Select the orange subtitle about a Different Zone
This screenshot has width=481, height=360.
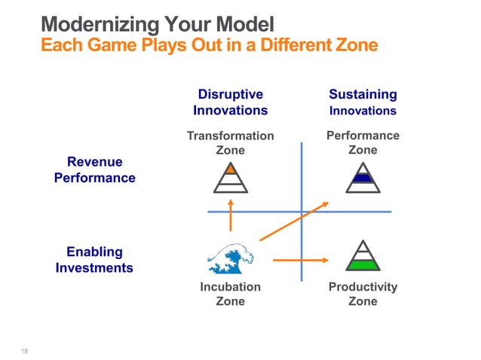pyautogui.click(x=208, y=45)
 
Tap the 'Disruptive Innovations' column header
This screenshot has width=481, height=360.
pyautogui.click(x=230, y=102)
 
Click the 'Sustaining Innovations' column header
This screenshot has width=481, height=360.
pyautogui.click(x=363, y=102)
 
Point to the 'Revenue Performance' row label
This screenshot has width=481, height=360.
pyautogui.click(x=95, y=170)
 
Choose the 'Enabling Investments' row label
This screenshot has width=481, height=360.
pyautogui.click(x=94, y=259)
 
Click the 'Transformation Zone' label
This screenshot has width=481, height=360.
pyautogui.click(x=230, y=143)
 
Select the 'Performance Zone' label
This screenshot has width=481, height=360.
pyautogui.click(x=363, y=142)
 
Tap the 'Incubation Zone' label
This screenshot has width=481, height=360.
pyautogui.click(x=230, y=294)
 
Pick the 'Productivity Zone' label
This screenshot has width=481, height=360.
pyautogui.click(x=363, y=294)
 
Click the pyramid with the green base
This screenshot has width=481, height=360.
pyautogui.click(x=363, y=255)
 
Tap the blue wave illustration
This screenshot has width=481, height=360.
pyautogui.click(x=230, y=258)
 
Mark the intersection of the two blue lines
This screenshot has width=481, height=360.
pyautogui.click(x=302, y=212)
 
